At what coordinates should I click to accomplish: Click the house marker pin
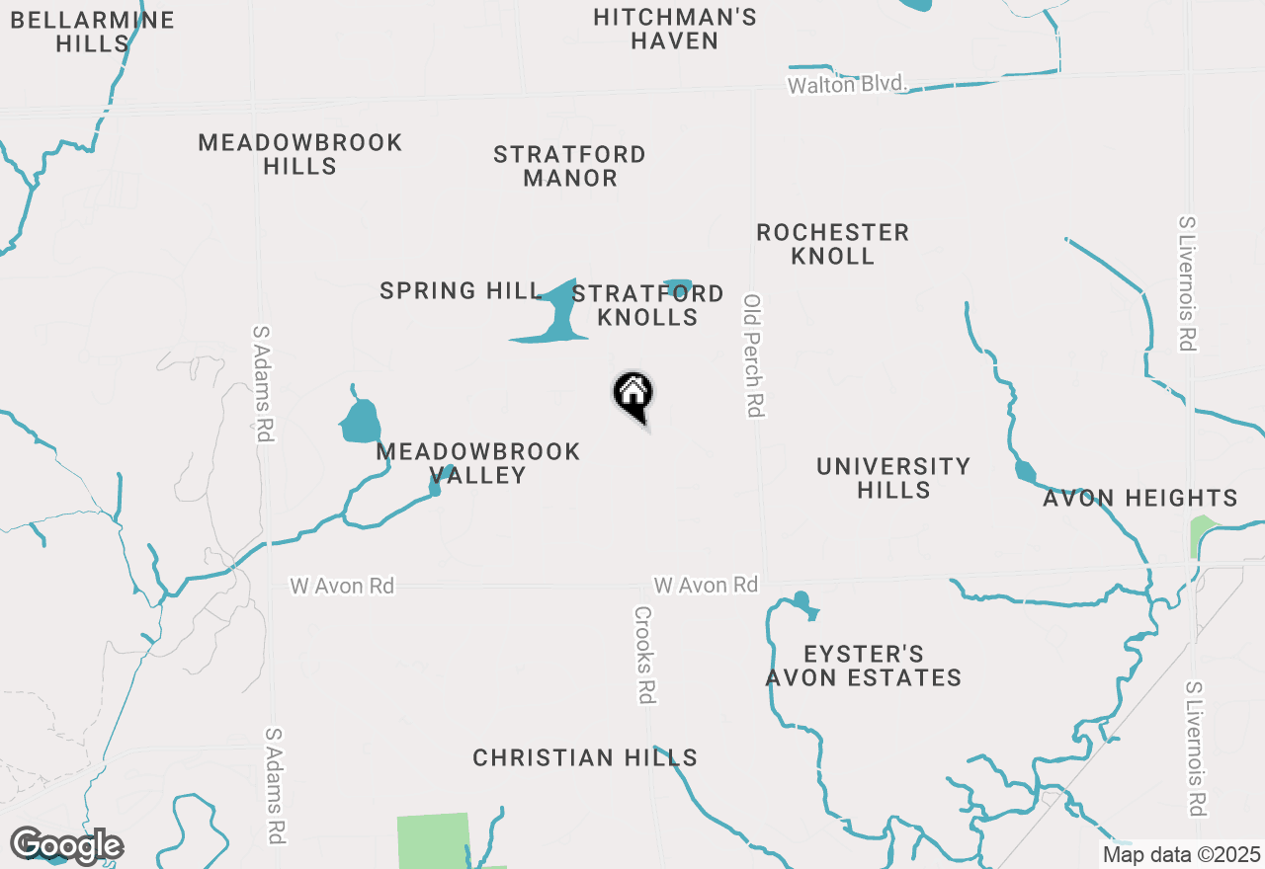(633, 394)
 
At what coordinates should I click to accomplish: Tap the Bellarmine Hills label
(93, 32)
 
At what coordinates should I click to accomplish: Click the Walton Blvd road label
(847, 85)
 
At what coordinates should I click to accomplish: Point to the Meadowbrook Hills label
(300, 154)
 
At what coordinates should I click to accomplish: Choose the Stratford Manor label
(569, 166)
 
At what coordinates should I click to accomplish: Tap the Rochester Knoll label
(832, 244)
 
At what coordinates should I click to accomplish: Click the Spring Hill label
(461, 290)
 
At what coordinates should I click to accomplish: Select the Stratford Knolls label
(647, 305)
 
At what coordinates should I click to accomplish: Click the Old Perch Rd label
(754, 355)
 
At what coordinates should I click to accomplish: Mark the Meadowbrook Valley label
(478, 463)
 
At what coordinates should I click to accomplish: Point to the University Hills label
(893, 478)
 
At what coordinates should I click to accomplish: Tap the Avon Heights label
(1140, 499)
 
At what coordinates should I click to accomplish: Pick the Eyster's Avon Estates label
(864, 666)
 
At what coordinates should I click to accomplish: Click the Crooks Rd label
(644, 655)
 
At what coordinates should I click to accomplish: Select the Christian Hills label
(585, 757)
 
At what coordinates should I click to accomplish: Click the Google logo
(66, 846)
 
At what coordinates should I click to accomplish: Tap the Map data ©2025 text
(1181, 854)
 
